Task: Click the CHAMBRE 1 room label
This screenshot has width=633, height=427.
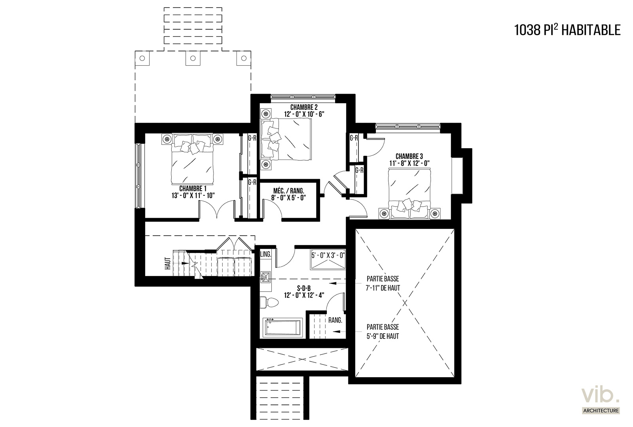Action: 193,189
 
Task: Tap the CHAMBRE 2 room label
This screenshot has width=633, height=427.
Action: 304,107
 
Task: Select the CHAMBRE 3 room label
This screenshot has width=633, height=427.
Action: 409,156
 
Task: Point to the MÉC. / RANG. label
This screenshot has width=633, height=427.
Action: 288,191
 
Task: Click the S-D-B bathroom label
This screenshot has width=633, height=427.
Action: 304,288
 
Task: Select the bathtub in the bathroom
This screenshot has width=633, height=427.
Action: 282,328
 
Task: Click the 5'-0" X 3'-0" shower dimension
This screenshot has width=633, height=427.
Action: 328,255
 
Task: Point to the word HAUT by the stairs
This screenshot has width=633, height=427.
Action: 168,263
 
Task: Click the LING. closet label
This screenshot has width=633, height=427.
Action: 265,254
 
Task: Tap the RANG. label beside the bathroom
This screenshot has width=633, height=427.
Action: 335,320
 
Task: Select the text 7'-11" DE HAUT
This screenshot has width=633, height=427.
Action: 383,288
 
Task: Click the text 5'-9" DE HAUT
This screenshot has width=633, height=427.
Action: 383,336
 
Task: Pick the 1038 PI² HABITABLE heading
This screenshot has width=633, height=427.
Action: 567,30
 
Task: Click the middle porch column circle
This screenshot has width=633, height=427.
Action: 193,58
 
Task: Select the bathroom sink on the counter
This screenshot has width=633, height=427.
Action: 265,277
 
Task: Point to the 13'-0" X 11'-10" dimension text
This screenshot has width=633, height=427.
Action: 193,195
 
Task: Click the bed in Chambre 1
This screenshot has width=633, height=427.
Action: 192,159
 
